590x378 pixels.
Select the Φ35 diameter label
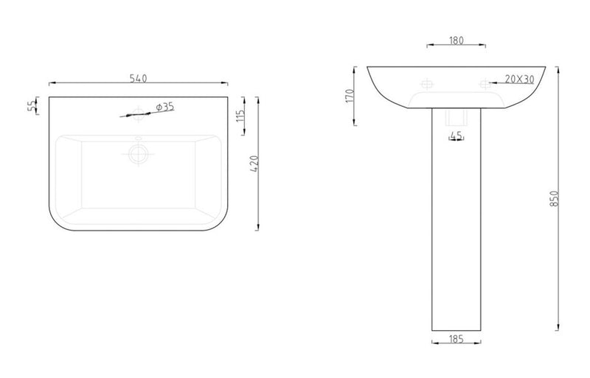(165, 107)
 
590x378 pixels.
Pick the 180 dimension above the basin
(456, 41)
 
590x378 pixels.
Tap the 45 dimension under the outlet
(456, 136)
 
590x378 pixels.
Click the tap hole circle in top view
(138, 113)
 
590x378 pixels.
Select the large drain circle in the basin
(139, 153)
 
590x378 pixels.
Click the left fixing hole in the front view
(426, 83)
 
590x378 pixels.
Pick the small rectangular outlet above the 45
(456, 119)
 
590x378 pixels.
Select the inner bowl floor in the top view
(139, 181)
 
